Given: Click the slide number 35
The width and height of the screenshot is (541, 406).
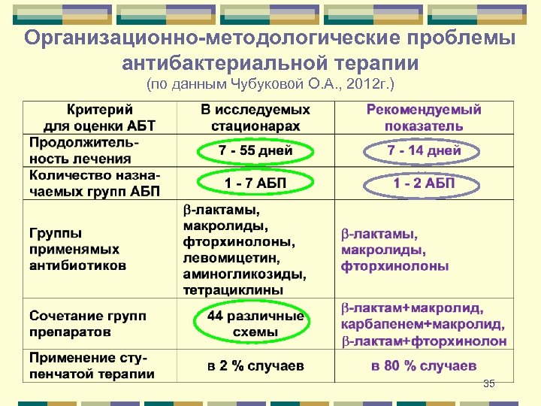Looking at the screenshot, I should pos(489,384).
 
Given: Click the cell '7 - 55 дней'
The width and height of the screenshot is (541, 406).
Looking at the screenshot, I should pos(255,152).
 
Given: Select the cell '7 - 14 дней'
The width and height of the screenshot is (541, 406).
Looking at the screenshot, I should pos(424,152).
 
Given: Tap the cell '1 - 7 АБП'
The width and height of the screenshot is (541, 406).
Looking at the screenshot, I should pos(255,183).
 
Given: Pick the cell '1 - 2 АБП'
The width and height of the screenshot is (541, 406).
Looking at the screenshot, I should pos(424,183).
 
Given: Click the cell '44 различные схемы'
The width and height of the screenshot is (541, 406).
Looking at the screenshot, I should pos(255,324).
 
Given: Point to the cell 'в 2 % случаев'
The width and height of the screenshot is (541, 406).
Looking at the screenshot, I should pos(255,366).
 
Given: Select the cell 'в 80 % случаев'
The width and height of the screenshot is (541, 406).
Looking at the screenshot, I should pos(424,366).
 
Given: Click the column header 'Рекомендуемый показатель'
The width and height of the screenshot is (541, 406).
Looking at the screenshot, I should pos(424,118).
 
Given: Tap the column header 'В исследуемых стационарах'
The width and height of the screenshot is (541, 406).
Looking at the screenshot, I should pos(255,118).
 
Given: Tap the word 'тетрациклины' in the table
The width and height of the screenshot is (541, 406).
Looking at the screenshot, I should pos(234,289).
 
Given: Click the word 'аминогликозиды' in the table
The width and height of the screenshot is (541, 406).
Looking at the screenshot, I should pos(243,273).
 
